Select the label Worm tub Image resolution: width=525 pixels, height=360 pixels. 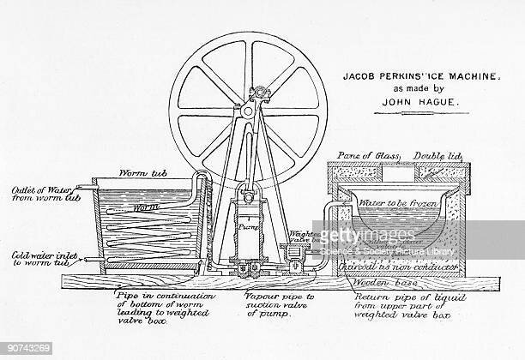[111, 172]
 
